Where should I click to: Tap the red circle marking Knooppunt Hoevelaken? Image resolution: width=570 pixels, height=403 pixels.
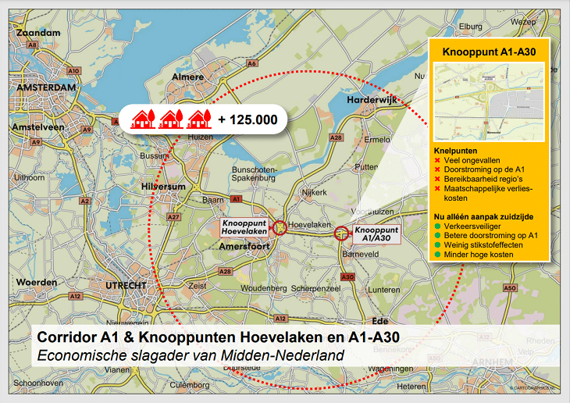(x=280, y=228)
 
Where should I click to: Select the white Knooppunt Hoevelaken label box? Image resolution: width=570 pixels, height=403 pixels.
(x=245, y=227)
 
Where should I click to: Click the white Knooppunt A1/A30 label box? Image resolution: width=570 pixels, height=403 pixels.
(x=376, y=235)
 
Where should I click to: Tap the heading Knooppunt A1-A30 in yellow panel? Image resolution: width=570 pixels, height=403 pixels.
(x=488, y=53)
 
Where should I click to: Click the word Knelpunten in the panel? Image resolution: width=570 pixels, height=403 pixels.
(x=455, y=150)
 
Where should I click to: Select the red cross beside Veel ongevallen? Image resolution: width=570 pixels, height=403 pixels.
(x=437, y=161)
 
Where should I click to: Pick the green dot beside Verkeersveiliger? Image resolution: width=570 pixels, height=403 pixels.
(x=437, y=226)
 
